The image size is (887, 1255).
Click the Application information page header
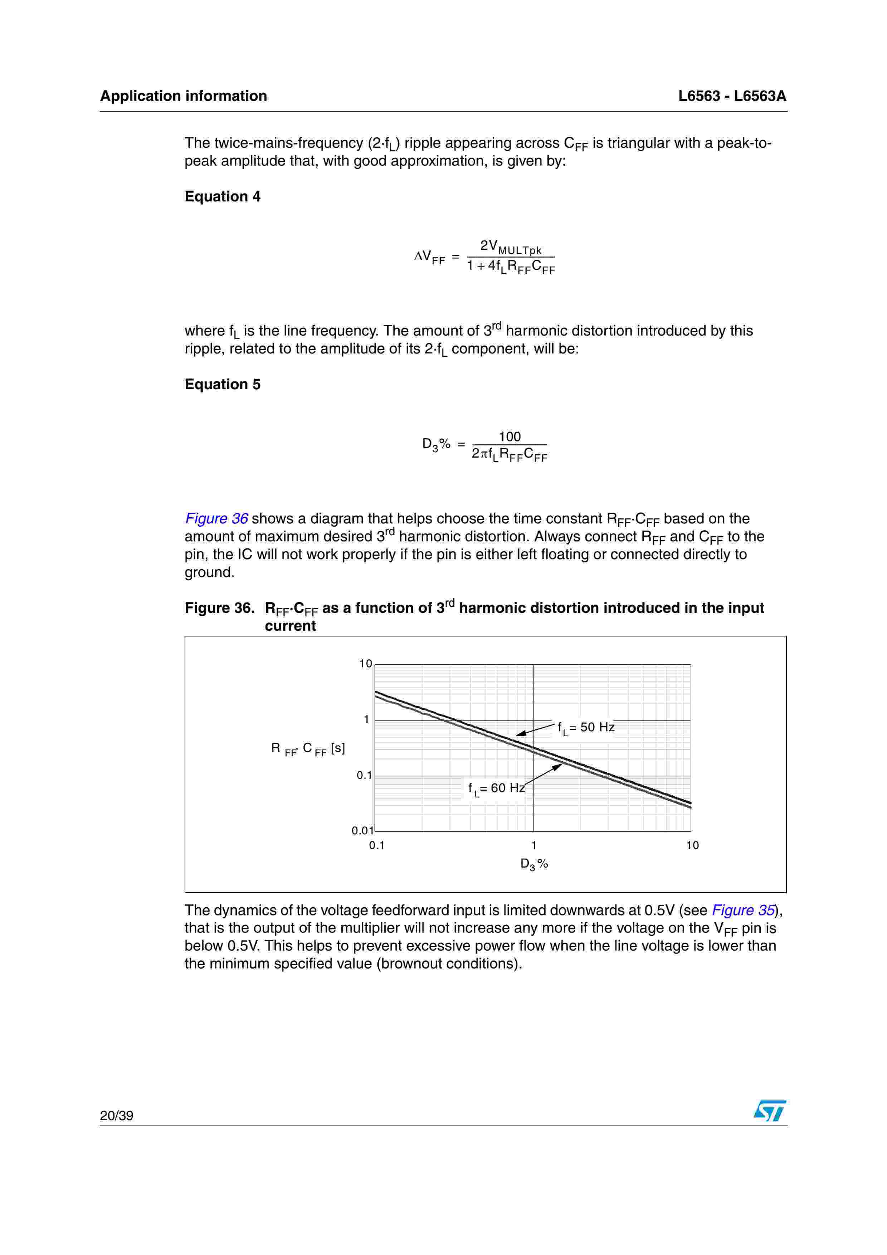(x=183, y=96)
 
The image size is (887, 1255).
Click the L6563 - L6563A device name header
(x=732, y=96)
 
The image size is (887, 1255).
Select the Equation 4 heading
(x=223, y=197)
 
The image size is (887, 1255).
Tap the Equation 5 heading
(x=223, y=385)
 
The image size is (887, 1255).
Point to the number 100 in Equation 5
(x=510, y=437)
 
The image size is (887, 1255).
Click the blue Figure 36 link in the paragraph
(x=216, y=519)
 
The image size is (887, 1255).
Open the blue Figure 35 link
(x=743, y=910)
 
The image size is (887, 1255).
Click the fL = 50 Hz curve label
(x=586, y=728)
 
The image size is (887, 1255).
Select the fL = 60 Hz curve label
(x=496, y=788)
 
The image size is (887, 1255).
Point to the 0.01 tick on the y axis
(x=362, y=831)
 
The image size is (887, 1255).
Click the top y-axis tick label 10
(x=365, y=664)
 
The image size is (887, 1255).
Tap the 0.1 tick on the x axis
(x=376, y=846)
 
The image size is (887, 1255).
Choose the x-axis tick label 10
(x=692, y=846)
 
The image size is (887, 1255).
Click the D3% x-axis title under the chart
(x=534, y=864)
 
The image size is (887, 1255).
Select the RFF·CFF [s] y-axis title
(x=308, y=749)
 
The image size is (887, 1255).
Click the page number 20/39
(x=116, y=1115)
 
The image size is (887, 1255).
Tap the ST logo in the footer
(x=770, y=1111)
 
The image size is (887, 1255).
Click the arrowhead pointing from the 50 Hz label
(x=521, y=733)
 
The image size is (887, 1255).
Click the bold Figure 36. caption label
(x=219, y=609)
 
